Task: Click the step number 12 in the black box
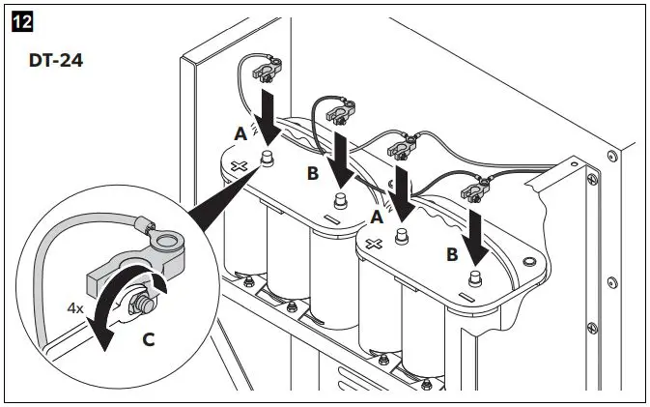19,19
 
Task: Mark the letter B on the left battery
312,175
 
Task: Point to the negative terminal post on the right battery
473,276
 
